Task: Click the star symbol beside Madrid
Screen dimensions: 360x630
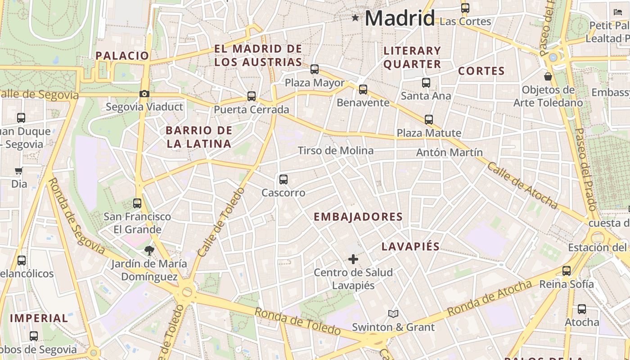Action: [355, 18]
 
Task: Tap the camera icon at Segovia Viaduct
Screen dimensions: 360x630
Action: [144, 94]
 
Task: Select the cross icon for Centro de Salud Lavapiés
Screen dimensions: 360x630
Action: [353, 259]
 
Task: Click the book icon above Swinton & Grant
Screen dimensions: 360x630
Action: [393, 314]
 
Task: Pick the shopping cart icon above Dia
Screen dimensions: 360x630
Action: [19, 171]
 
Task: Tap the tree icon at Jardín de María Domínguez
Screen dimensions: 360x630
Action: [149, 250]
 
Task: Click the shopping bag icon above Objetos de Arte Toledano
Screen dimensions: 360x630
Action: [548, 76]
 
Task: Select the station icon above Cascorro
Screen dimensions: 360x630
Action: [283, 180]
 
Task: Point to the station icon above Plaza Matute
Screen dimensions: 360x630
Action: [429, 120]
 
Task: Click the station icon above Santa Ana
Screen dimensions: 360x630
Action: [426, 83]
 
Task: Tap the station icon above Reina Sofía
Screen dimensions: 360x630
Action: [567, 271]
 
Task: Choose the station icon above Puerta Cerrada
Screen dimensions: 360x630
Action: [252, 96]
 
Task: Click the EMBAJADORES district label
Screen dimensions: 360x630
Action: [358, 217]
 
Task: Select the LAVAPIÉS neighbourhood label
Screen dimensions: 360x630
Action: [410, 247]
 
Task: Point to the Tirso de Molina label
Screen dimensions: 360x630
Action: [336, 151]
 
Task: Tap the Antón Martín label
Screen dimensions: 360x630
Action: [449, 153]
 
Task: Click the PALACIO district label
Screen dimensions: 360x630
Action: [122, 56]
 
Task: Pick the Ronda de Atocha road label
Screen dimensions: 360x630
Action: [490, 298]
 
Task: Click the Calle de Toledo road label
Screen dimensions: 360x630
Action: [221, 222]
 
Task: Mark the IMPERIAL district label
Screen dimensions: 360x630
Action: [39, 318]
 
